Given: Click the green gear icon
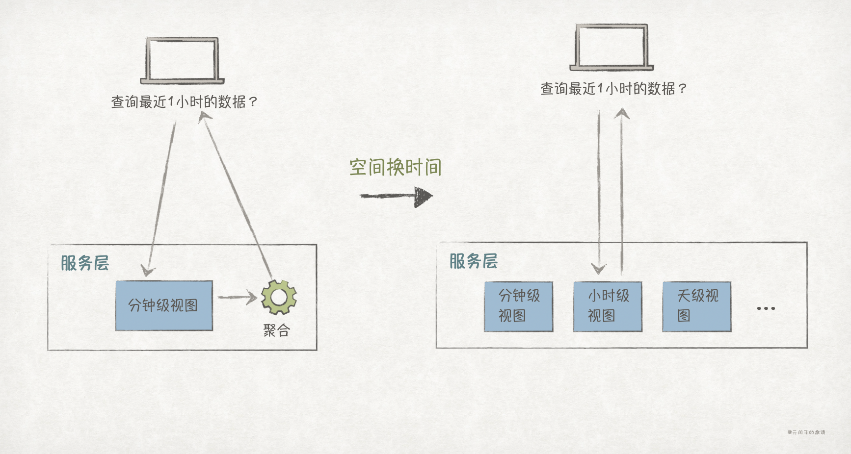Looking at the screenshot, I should pyautogui.click(x=279, y=297).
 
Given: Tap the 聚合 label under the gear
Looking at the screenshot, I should pyautogui.click(x=276, y=330).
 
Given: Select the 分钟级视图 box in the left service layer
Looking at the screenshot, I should pyautogui.click(x=164, y=305).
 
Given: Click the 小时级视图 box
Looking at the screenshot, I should pyautogui.click(x=608, y=306).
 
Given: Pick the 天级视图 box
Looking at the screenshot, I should pyautogui.click(x=696, y=306).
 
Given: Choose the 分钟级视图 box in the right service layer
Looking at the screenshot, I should pyautogui.click(x=518, y=306).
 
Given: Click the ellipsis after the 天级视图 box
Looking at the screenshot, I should pyautogui.click(x=766, y=308).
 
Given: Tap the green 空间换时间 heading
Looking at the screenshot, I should pyautogui.click(x=395, y=168).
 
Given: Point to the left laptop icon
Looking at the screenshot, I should pyautogui.click(x=182, y=61).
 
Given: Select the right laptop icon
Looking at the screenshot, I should pyautogui.click(x=612, y=48).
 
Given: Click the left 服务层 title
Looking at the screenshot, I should pyautogui.click(x=85, y=263).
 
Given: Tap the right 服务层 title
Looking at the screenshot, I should pyautogui.click(x=474, y=261).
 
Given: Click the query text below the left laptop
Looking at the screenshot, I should pyautogui.click(x=184, y=102).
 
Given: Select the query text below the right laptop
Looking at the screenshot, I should pyautogui.click(x=613, y=89).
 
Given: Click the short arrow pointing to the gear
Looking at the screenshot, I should pyautogui.click(x=237, y=297).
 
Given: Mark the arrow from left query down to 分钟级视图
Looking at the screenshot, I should pyautogui.click(x=161, y=196).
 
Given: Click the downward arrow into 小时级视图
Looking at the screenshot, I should pyautogui.click(x=599, y=191).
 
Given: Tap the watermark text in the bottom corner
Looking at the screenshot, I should pyautogui.click(x=806, y=432).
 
